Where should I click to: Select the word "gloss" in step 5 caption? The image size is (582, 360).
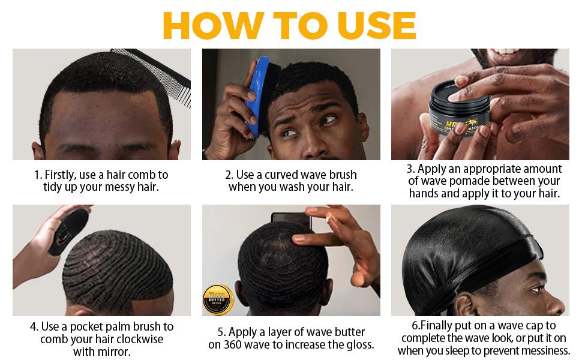[358, 344]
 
